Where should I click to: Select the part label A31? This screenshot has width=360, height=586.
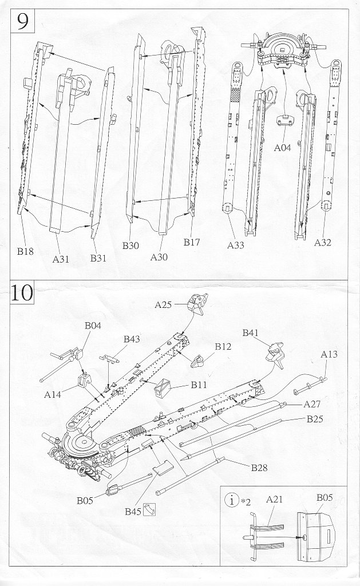click(60, 259)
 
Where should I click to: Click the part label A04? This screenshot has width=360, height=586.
click(283, 148)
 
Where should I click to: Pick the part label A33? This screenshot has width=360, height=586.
click(236, 246)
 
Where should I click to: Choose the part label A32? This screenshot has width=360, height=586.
click(323, 243)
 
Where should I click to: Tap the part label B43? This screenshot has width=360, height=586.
click(132, 339)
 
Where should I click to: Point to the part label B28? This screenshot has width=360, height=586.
click(259, 468)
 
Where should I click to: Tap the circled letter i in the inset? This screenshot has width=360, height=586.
click(231, 501)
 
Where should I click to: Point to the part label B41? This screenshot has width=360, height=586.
click(251, 332)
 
